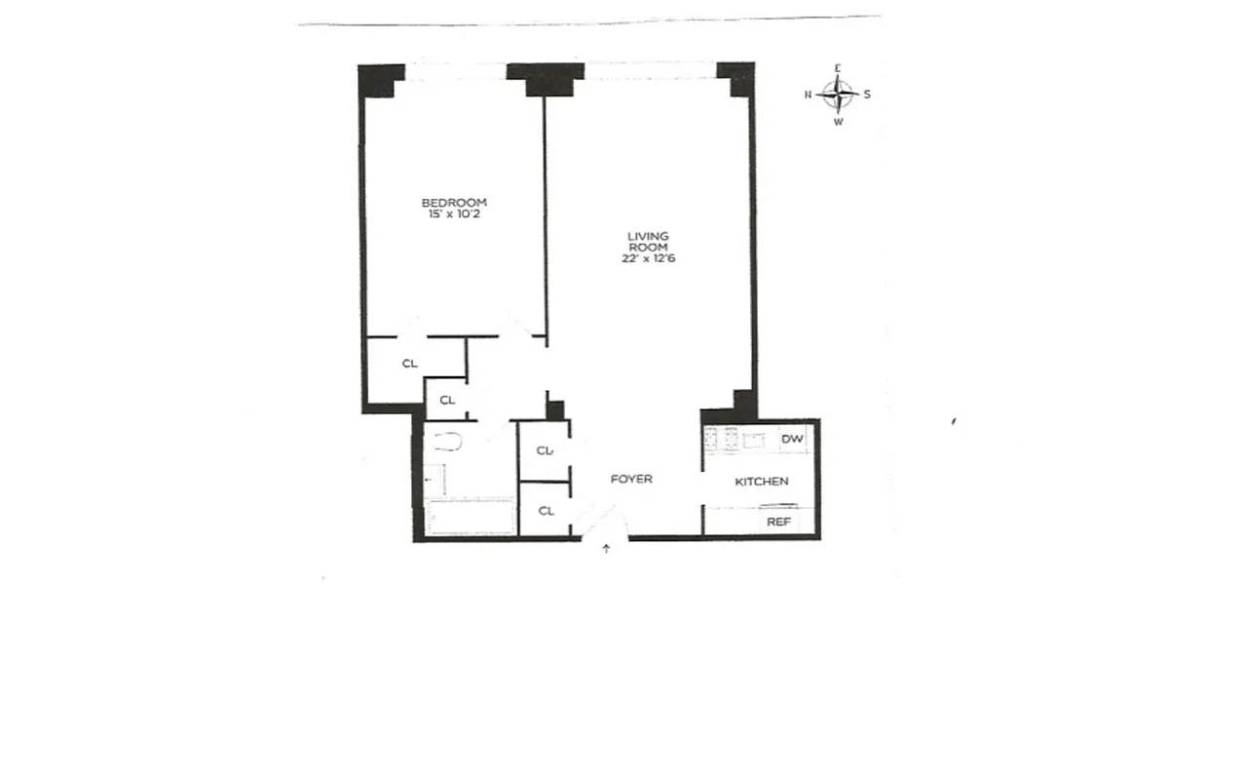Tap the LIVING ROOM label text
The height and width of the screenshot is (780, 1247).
click(x=648, y=242)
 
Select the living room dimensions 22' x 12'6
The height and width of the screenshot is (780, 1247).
click(x=648, y=259)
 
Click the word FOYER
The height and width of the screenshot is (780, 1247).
click(x=631, y=479)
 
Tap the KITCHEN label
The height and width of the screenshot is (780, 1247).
click(x=761, y=482)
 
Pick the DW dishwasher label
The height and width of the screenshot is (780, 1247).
click(x=793, y=440)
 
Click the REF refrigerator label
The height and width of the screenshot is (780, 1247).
click(x=778, y=522)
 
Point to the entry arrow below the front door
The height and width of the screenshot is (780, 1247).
click(x=607, y=549)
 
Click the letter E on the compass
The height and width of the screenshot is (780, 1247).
click(x=838, y=68)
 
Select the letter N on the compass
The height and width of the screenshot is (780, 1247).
click(x=808, y=95)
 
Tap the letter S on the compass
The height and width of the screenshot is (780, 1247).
click(x=867, y=95)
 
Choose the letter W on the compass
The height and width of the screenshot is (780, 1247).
click(x=838, y=123)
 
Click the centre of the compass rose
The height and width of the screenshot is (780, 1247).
click(x=838, y=95)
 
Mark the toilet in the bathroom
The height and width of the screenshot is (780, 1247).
click(x=448, y=444)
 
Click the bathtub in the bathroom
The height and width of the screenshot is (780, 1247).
click(x=471, y=517)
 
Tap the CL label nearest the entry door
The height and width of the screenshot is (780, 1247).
click(x=546, y=510)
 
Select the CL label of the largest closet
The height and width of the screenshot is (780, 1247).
click(x=410, y=364)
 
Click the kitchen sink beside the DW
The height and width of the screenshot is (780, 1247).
click(x=753, y=440)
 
